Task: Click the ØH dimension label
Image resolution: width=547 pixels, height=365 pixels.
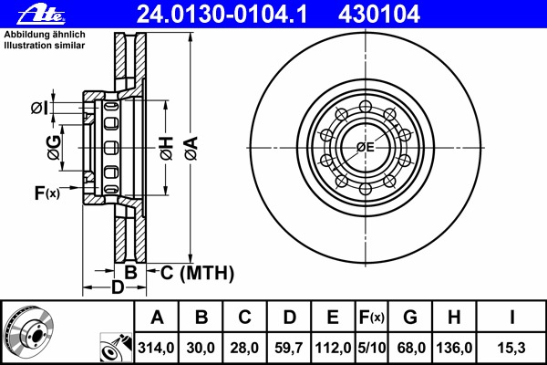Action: (166, 147)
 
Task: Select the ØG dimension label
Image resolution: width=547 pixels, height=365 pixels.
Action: (55, 146)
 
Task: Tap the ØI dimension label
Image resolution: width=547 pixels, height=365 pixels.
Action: (38, 109)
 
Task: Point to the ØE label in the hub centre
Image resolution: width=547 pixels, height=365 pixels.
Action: (366, 148)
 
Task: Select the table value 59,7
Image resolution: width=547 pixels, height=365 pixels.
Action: (290, 348)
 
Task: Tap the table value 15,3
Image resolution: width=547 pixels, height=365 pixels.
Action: (512, 348)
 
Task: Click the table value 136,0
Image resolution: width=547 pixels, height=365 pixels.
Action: (455, 348)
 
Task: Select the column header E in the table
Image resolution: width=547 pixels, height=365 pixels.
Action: (333, 318)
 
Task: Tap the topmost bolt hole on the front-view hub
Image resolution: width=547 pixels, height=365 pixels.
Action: (366, 106)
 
